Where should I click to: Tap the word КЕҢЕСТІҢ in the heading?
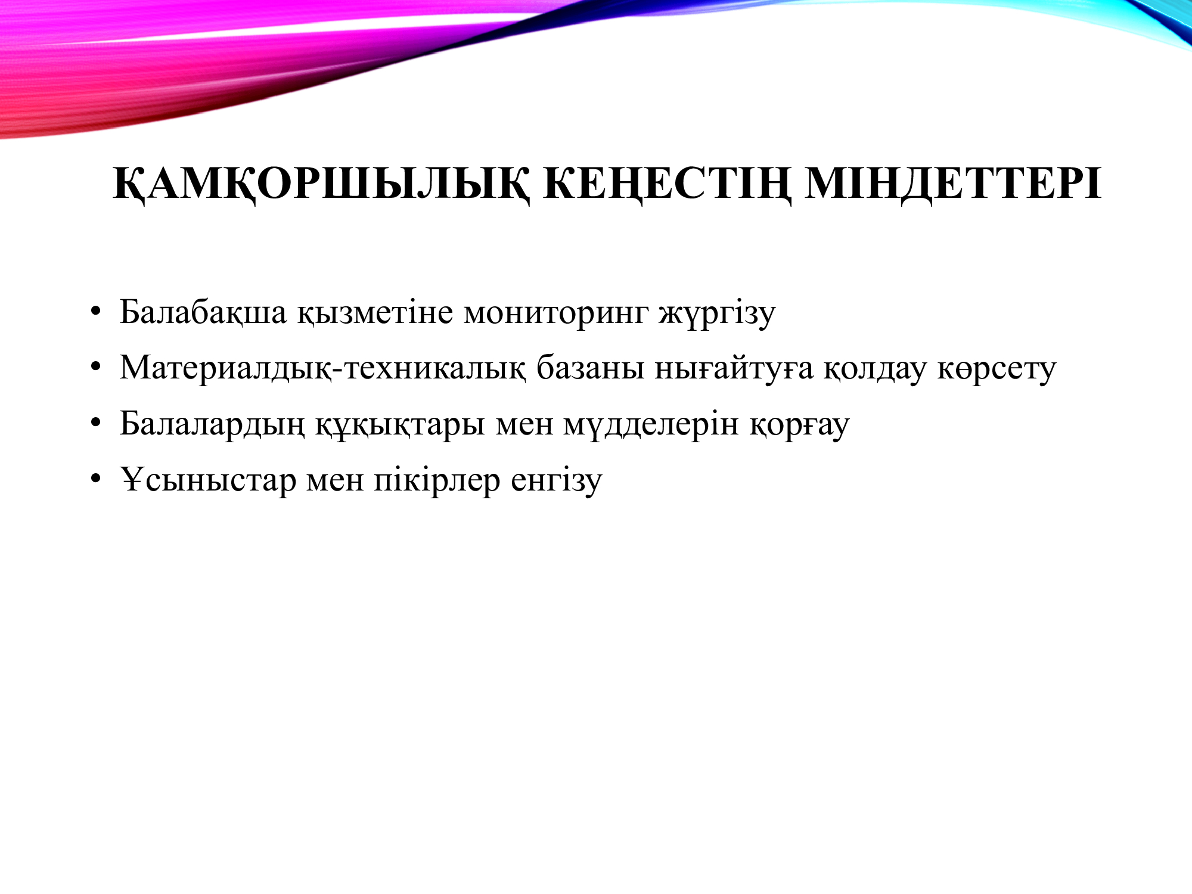click(668, 184)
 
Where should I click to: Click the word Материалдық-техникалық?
click(322, 368)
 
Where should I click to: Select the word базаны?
click(590, 368)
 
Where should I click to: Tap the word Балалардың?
click(212, 424)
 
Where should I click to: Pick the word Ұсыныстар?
click(208, 480)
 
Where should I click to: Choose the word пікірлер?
click(437, 480)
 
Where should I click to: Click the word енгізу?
click(557, 480)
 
